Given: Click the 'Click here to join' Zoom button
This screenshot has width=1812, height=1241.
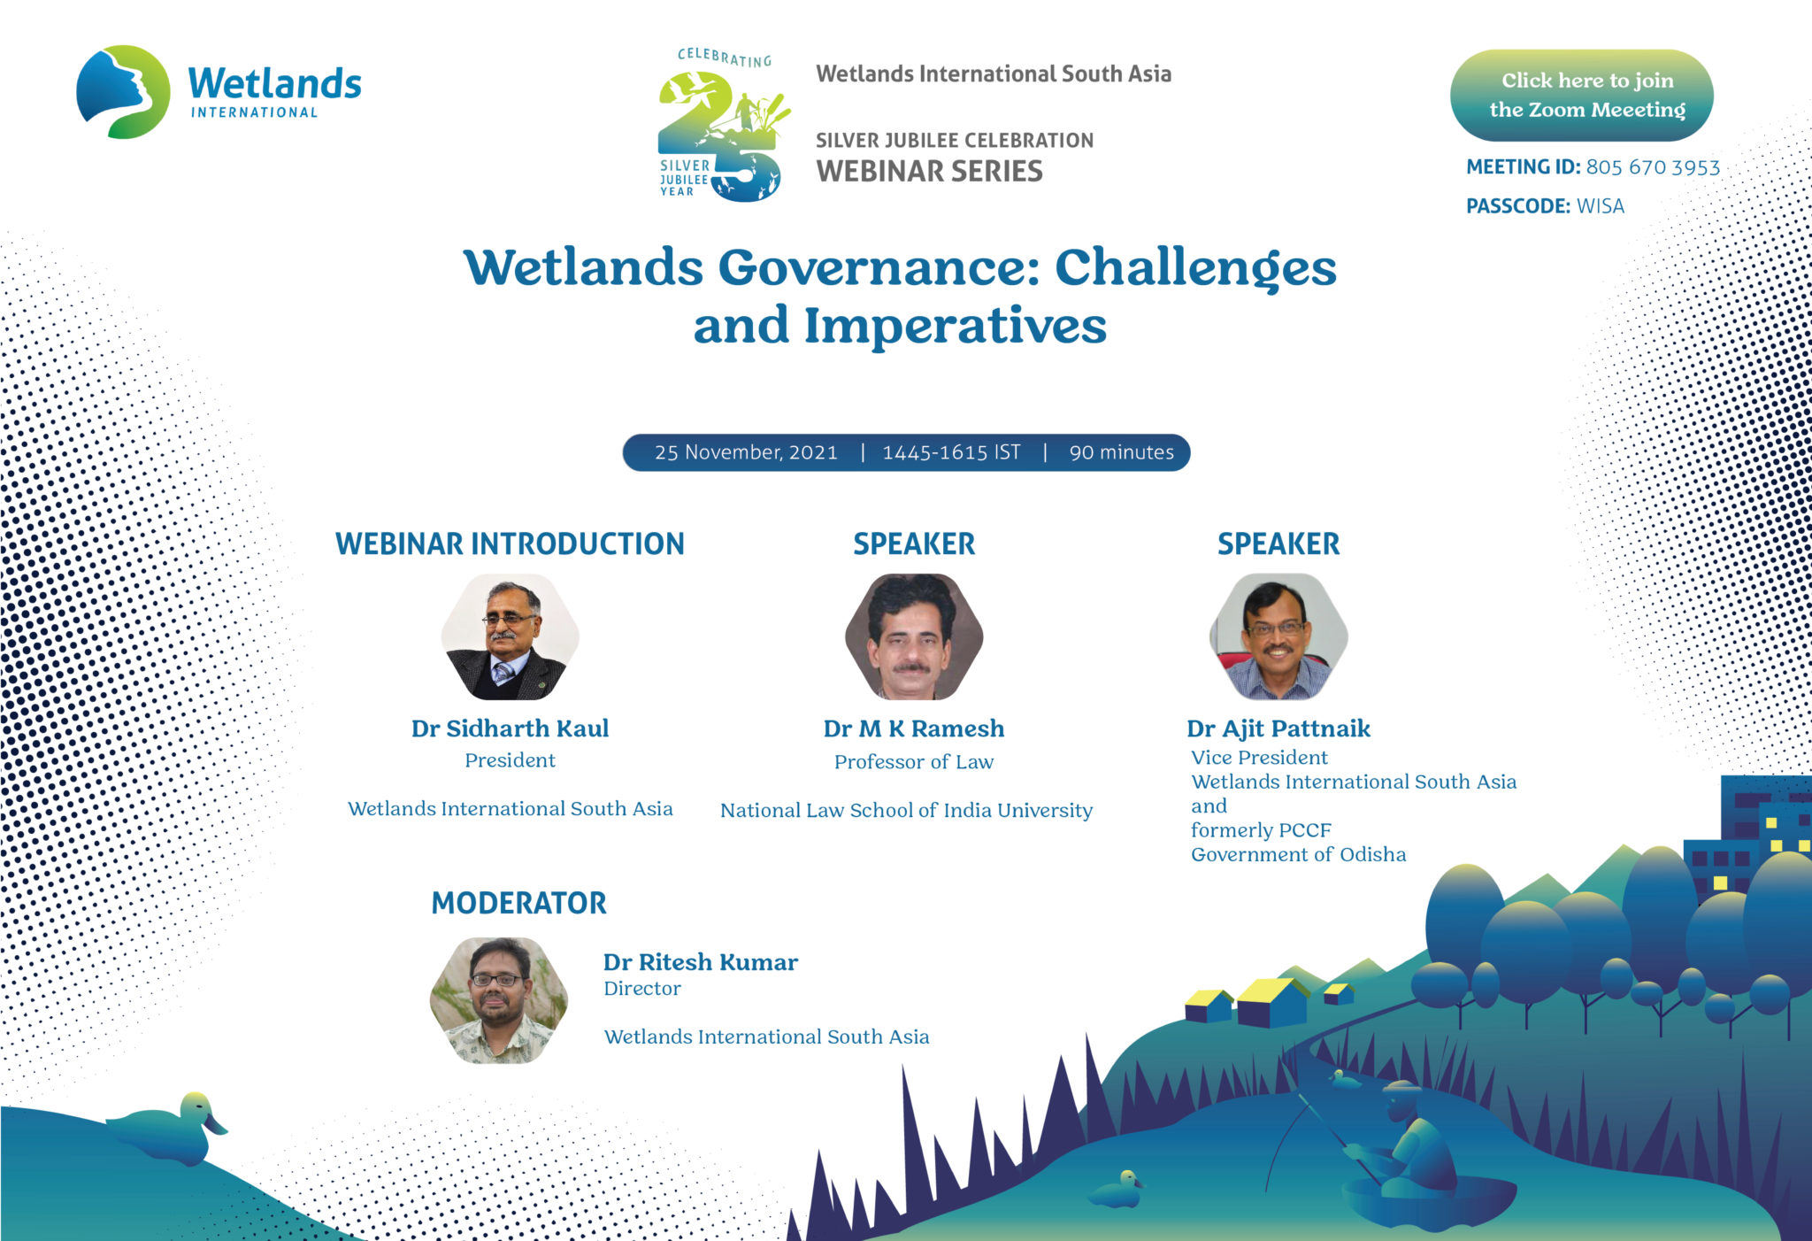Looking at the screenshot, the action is (x=1581, y=95).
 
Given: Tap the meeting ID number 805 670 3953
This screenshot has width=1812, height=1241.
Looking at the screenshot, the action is (x=1653, y=167).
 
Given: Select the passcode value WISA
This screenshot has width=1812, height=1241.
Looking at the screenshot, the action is (x=1601, y=206).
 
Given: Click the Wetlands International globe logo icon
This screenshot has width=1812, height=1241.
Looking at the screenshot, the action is (x=123, y=92).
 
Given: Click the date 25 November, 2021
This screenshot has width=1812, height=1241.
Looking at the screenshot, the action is (x=746, y=452).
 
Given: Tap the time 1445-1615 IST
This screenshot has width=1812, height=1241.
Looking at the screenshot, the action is (x=951, y=452).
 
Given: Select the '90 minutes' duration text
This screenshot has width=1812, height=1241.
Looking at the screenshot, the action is (x=1121, y=452).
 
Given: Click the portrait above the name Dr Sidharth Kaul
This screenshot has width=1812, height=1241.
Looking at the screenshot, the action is (x=510, y=637).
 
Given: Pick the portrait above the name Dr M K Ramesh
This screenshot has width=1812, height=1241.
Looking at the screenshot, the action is (x=914, y=637).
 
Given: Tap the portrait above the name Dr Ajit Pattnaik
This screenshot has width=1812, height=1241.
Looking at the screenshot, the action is (x=1278, y=637).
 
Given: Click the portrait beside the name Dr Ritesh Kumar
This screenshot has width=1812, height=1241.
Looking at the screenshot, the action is (x=499, y=1000).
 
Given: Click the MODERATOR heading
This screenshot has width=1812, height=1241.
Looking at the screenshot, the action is (x=518, y=903).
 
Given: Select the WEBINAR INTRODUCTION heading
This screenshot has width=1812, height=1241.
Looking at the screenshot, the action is (x=510, y=543).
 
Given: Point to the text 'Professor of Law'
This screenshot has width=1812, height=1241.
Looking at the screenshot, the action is (x=914, y=762).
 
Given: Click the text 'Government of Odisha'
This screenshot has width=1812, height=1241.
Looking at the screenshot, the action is (x=1298, y=854).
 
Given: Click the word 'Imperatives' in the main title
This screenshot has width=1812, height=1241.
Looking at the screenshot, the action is (x=955, y=327).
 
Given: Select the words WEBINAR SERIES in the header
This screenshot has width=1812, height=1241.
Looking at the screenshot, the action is (x=929, y=171).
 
